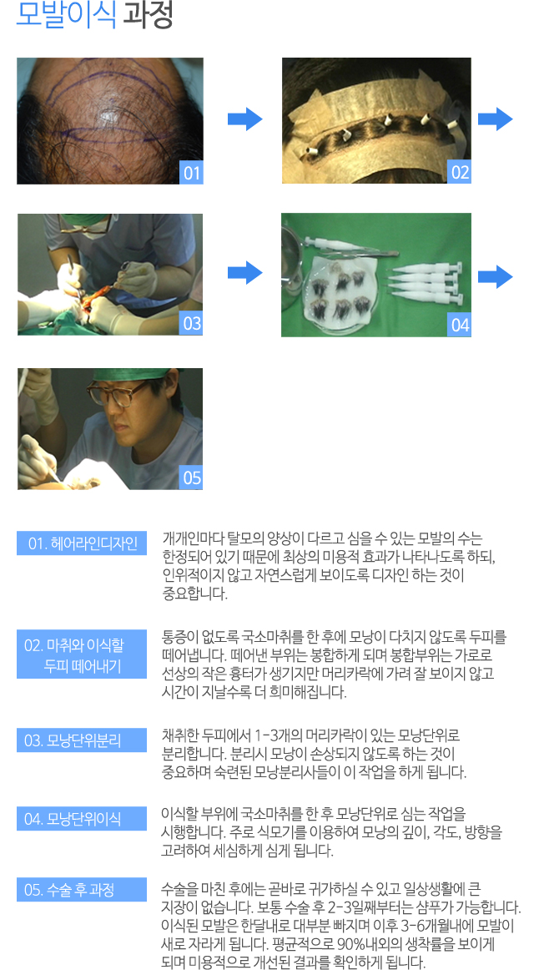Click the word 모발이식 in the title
tap(66, 17)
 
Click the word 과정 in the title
tap(148, 17)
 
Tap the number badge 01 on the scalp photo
tap(192, 174)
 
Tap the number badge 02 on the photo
tap(460, 173)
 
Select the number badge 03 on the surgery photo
tap(192, 324)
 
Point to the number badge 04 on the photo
tap(460, 326)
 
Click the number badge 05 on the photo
tap(192, 478)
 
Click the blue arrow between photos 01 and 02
tap(244, 119)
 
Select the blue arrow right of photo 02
tap(495, 119)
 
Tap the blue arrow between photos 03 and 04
tap(244, 273)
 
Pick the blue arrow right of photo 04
tap(495, 276)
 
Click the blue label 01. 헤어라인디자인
tap(82, 543)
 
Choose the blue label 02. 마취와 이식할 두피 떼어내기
tap(82, 654)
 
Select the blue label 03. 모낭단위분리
tap(82, 740)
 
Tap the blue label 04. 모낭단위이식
tap(82, 818)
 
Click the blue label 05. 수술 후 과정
tap(82, 890)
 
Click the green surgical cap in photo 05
tap(129, 376)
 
